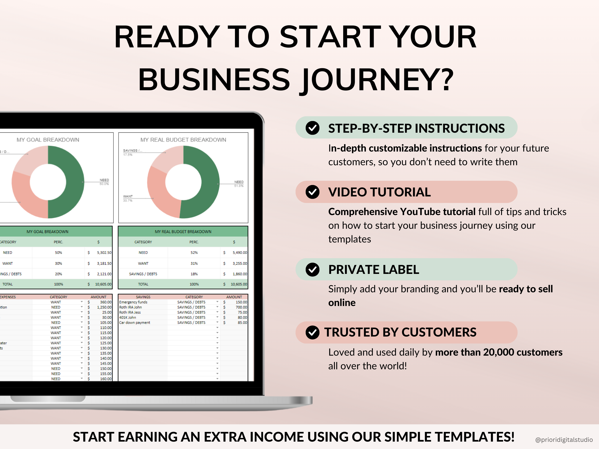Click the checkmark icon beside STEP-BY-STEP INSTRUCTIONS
[312, 128]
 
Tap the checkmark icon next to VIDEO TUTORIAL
[312, 192]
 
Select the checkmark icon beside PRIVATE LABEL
[312, 270]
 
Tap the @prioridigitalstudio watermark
[564, 440]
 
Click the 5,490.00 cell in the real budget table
[240, 253]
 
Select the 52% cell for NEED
[194, 253]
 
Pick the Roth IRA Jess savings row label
[130, 312]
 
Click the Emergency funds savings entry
[133, 302]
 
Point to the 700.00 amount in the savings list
[241, 307]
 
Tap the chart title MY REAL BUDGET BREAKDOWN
[183, 140]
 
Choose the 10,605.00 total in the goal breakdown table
[103, 284]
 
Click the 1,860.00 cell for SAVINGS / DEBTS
[240, 274]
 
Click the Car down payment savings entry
[135, 323]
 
